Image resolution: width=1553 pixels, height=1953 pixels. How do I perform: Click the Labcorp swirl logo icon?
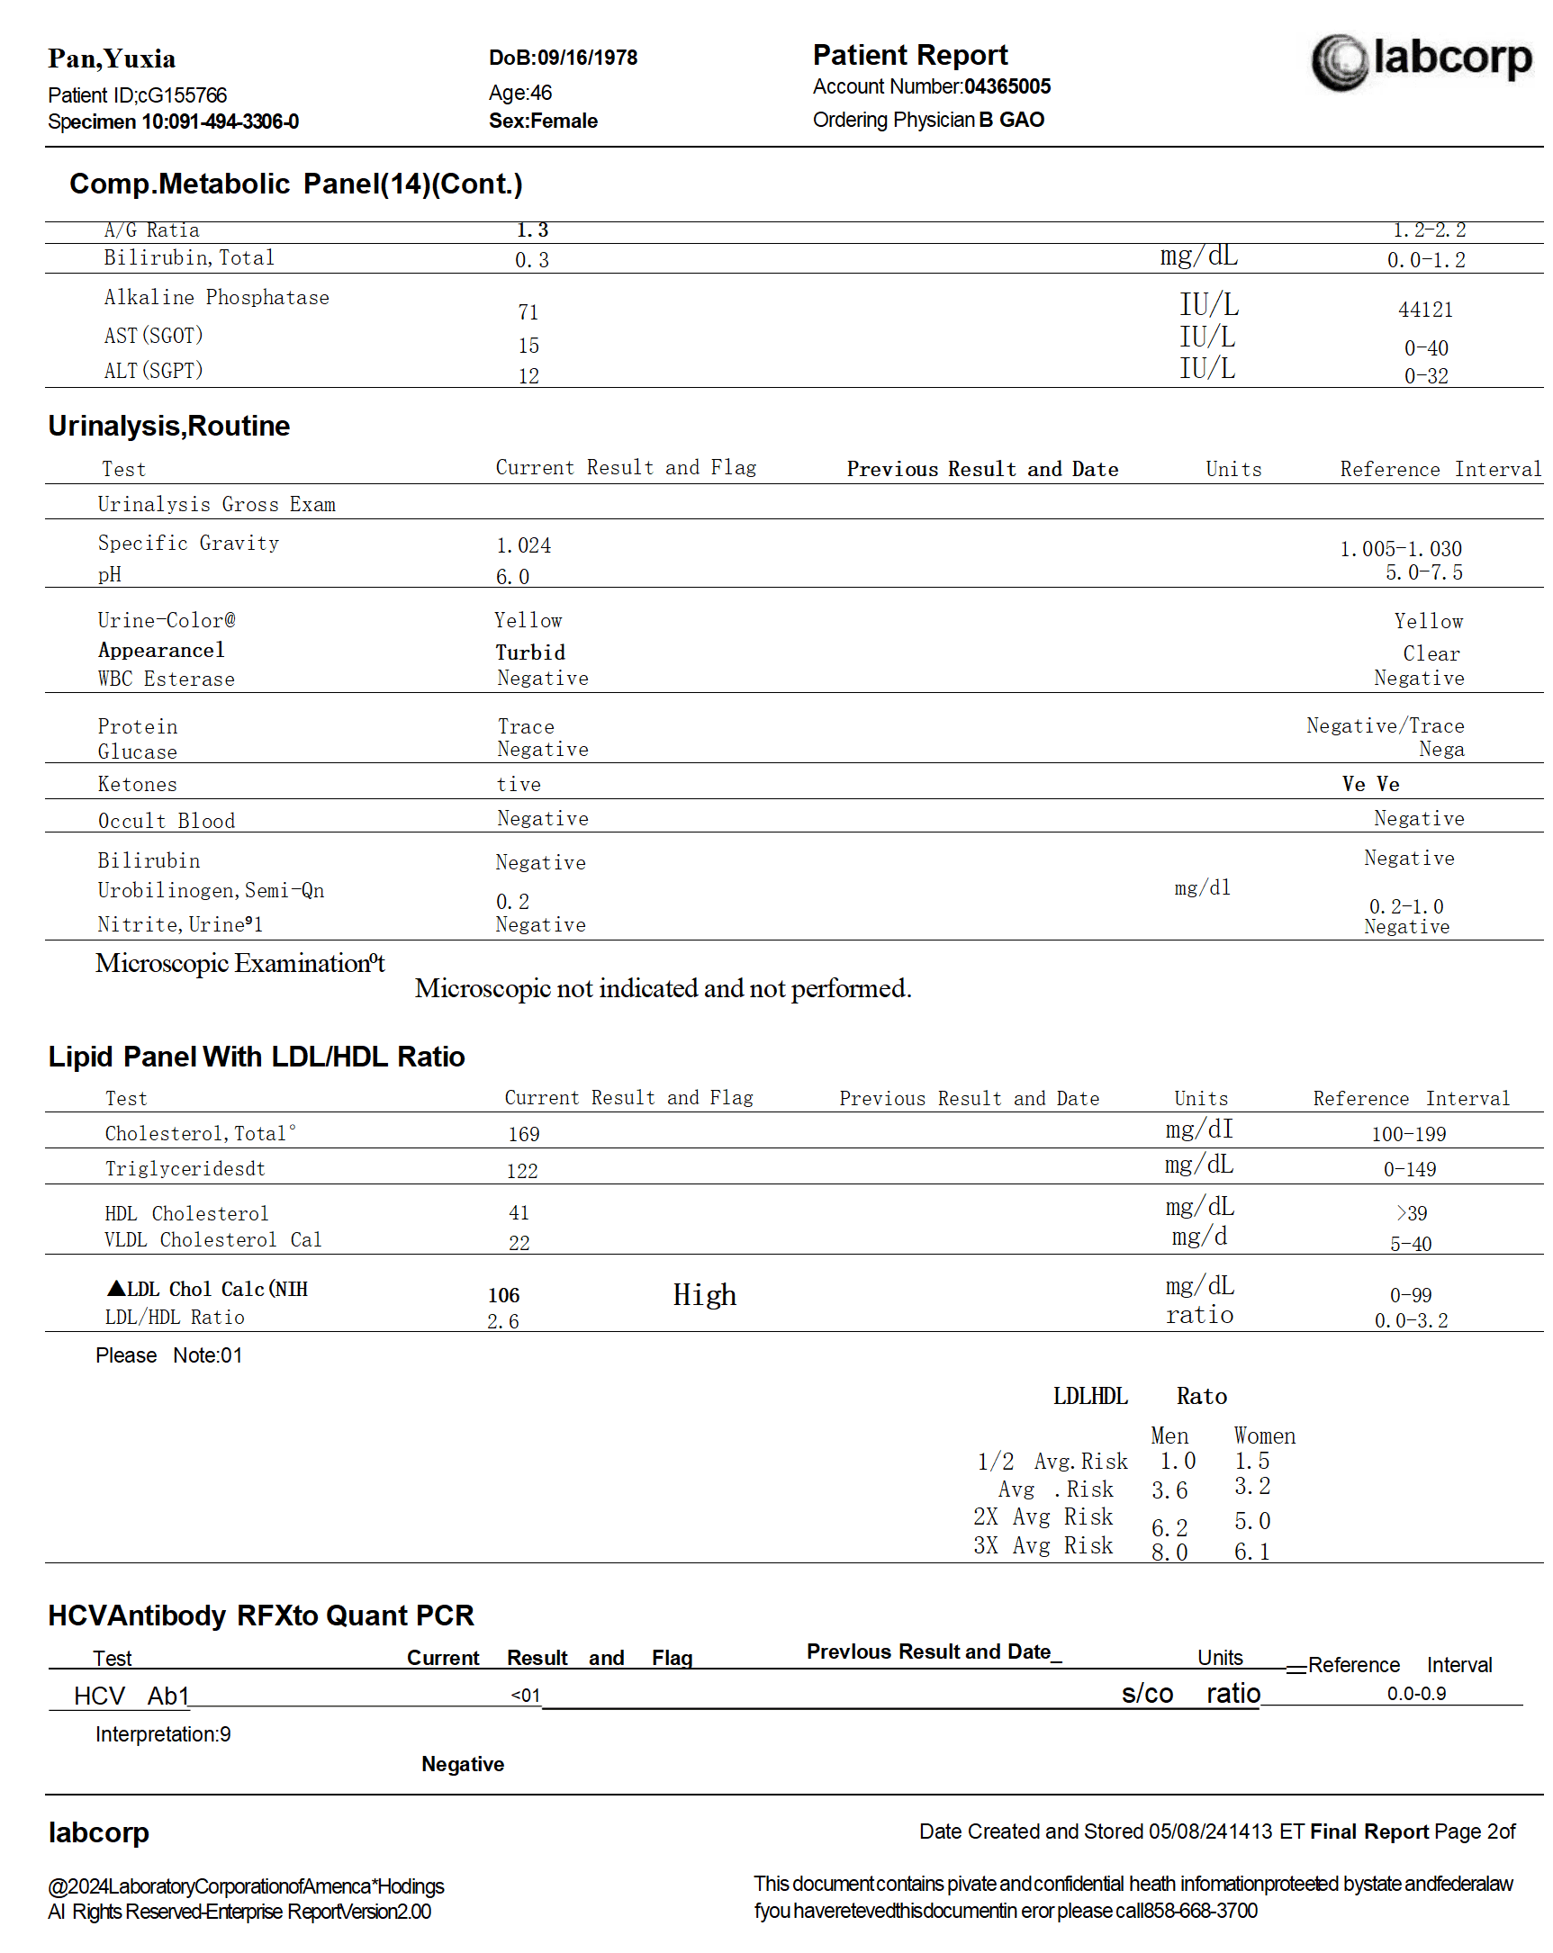(1339, 61)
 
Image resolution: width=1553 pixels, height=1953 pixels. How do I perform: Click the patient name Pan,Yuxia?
(112, 58)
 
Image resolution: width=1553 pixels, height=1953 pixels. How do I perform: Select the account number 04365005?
(1007, 87)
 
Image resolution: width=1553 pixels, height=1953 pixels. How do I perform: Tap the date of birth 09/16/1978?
(587, 58)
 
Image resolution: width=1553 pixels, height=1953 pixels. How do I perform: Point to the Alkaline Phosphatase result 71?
(528, 312)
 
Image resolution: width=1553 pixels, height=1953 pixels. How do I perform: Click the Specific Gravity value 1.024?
(523, 545)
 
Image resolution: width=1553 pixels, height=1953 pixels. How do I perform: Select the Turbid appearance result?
(530, 652)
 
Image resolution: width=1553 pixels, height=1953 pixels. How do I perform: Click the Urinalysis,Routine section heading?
(168, 426)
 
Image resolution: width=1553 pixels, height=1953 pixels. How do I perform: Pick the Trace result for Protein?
(526, 726)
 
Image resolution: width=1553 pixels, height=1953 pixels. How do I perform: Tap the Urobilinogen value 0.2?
(512, 901)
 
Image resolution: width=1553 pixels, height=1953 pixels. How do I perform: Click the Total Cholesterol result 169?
(524, 1134)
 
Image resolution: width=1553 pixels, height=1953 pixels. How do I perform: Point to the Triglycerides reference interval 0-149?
(1409, 1169)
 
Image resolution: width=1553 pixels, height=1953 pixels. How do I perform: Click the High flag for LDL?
(704, 1294)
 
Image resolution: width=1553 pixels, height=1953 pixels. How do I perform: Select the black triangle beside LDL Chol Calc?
(116, 1287)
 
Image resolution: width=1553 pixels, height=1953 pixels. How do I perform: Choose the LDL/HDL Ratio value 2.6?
(503, 1321)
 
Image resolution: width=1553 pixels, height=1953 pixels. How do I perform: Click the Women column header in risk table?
(1264, 1435)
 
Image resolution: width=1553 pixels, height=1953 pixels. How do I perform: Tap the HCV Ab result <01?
(526, 1695)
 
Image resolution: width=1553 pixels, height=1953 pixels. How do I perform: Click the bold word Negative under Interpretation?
(462, 1764)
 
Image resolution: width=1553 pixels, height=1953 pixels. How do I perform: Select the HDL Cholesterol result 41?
(519, 1213)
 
